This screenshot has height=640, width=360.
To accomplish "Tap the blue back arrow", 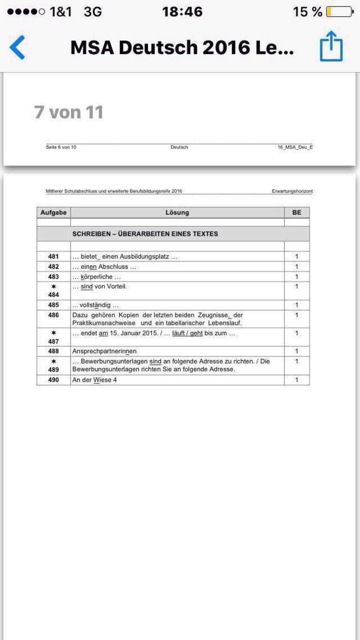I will pyautogui.click(x=17, y=47).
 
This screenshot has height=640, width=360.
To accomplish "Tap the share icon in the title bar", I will pyautogui.click(x=331, y=46).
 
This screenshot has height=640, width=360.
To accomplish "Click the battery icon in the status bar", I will pyautogui.click(x=340, y=12).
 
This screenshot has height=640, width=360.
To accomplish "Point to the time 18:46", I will pyautogui.click(x=182, y=12).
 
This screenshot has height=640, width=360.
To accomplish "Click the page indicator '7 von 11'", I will pyautogui.click(x=69, y=112).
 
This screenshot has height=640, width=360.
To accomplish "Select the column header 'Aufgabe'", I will pyautogui.click(x=53, y=212).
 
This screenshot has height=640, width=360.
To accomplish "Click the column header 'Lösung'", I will pyautogui.click(x=177, y=212).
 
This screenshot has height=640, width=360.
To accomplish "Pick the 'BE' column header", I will pyautogui.click(x=296, y=212).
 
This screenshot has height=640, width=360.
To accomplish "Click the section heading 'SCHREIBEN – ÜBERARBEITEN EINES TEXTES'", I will pyautogui.click(x=145, y=234).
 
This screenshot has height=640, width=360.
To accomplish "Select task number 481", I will pyautogui.click(x=54, y=256).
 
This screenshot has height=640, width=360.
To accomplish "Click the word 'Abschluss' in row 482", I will pyautogui.click(x=113, y=267).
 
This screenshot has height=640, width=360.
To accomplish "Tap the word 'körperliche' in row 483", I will pyautogui.click(x=96, y=277).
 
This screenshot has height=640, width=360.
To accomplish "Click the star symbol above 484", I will pyautogui.click(x=54, y=286).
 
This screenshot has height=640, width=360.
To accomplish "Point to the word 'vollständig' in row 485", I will pyautogui.click(x=95, y=305).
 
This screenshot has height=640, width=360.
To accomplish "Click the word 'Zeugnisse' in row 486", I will pyautogui.click(x=213, y=315).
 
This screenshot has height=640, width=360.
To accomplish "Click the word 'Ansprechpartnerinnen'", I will pyautogui.click(x=104, y=351).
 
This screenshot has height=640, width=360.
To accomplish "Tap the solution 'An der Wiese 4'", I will pyautogui.click(x=94, y=380).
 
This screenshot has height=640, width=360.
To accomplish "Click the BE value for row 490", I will pyautogui.click(x=296, y=380).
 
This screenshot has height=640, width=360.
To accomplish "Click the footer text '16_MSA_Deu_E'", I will pyautogui.click(x=295, y=147).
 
